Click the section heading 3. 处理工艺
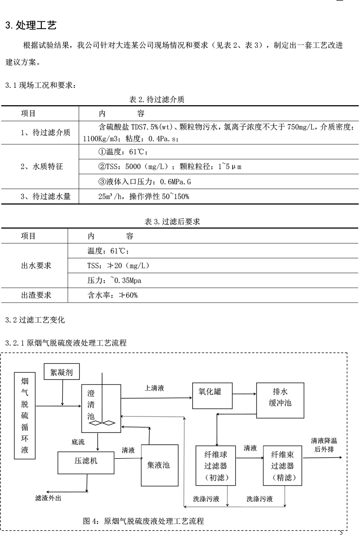[x=31, y=25]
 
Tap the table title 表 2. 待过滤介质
[x=157, y=99]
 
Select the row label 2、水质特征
[x=42, y=166]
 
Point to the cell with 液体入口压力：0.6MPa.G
[x=145, y=182]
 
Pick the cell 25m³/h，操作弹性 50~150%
[x=143, y=196]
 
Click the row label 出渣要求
[x=36, y=295]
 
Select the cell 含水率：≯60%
[x=113, y=295]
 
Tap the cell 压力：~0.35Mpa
[x=114, y=280]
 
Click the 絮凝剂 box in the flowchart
[x=62, y=372]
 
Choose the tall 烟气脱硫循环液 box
[x=25, y=416]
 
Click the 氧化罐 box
[x=212, y=396]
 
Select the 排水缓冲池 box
[x=280, y=400]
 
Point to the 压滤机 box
[x=86, y=463]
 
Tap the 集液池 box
[x=160, y=465]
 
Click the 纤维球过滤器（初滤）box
[x=216, y=466]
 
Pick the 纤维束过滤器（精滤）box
[x=283, y=466]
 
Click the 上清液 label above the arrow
[x=154, y=388]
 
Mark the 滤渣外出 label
[x=48, y=498]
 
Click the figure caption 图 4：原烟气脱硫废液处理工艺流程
[x=143, y=521]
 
